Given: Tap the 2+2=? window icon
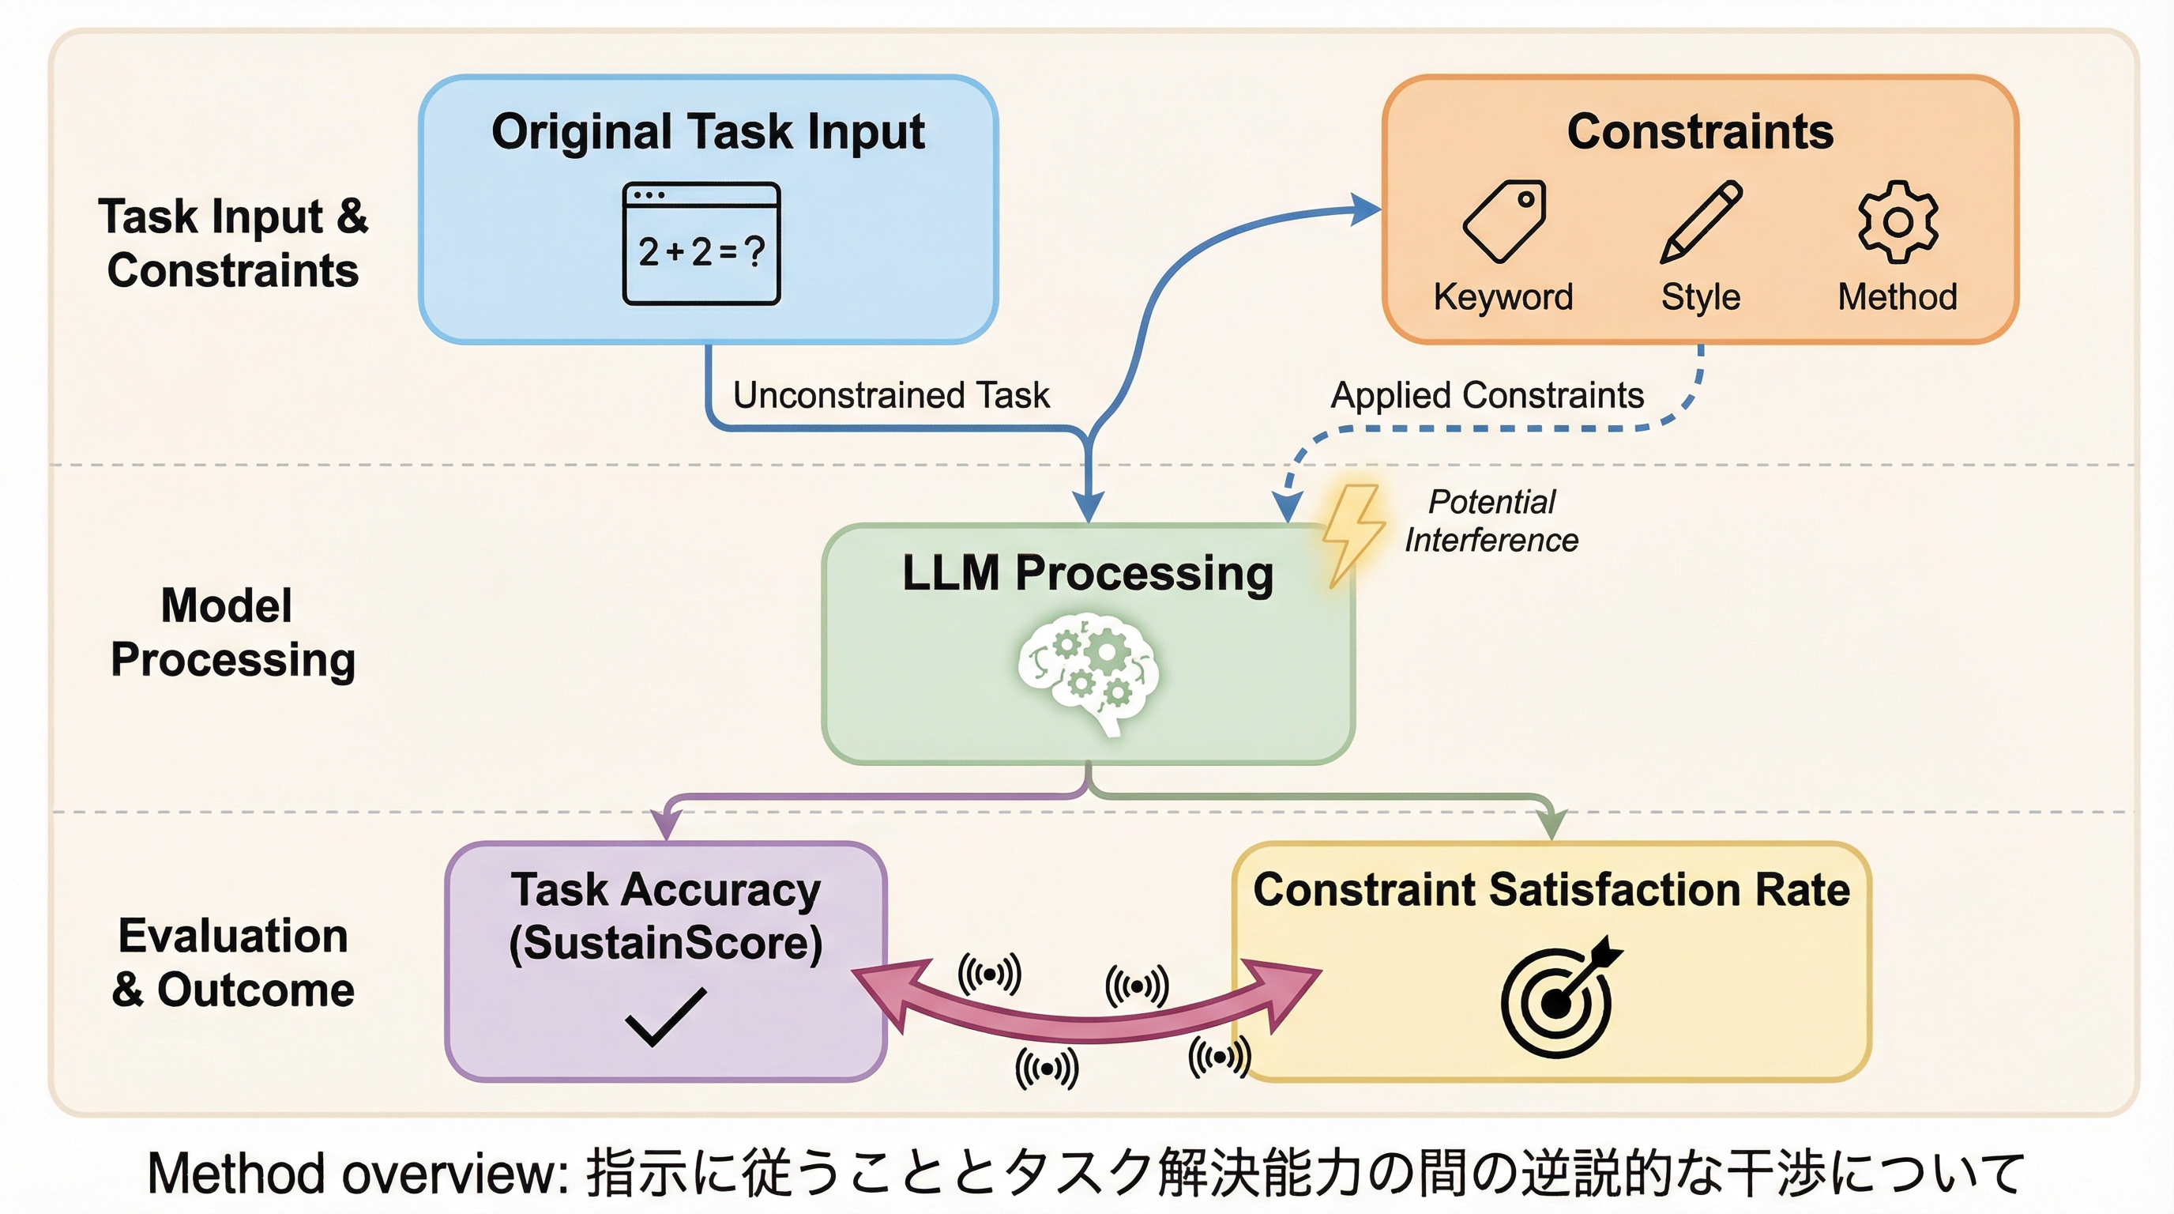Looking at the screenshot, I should click(x=701, y=243).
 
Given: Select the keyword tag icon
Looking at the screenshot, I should click(x=1505, y=221).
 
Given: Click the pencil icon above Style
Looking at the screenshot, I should click(x=1701, y=221).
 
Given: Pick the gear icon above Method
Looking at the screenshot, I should click(x=1898, y=221).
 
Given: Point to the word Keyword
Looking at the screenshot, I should click(x=1503, y=297).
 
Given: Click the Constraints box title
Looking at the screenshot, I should click(x=1700, y=132).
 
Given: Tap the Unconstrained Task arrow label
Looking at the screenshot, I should click(x=890, y=395).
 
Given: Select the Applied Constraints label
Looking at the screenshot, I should click(x=1487, y=395).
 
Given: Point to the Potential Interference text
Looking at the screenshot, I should click(x=1491, y=521).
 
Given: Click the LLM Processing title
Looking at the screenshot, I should click(x=1087, y=573).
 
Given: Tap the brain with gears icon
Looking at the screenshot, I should click(x=1088, y=676).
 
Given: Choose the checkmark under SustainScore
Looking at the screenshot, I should click(x=665, y=1016).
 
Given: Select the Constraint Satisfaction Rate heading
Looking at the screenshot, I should click(x=1552, y=890).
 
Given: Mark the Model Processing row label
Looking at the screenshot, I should click(x=232, y=632).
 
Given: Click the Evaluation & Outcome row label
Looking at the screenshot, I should click(x=232, y=963).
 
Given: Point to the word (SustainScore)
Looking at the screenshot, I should click(x=665, y=943).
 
